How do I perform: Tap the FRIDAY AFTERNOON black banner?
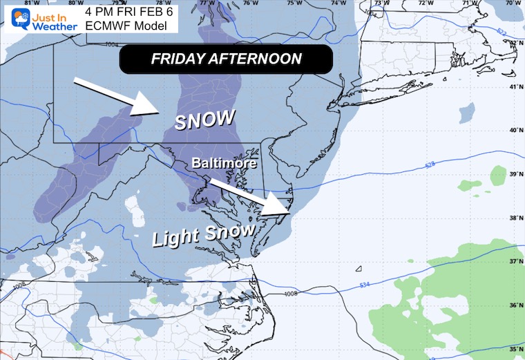click(x=226, y=59)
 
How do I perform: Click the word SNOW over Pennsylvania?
click(x=205, y=120)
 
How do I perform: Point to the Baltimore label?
click(x=225, y=164)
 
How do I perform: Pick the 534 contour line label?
click(x=367, y=285)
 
